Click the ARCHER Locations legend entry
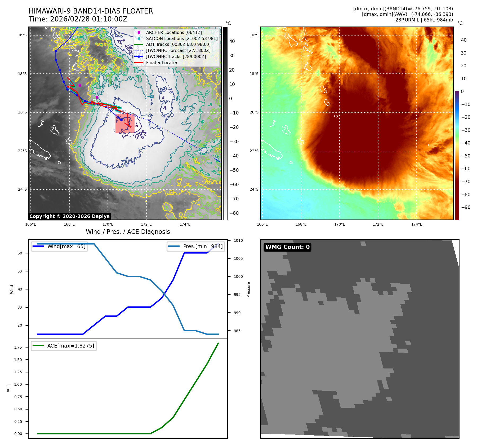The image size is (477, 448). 174,32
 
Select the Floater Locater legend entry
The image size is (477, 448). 162,63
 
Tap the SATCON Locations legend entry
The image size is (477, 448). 182,38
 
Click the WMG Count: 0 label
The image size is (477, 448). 287,247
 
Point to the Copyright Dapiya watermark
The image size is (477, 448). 69,216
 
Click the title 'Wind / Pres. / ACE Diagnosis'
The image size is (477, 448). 128,232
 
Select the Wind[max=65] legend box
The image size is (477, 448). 60,246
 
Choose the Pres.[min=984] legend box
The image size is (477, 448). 196,246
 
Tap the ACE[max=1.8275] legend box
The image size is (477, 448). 64,346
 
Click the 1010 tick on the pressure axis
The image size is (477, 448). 238,240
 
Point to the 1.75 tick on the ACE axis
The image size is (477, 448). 18,347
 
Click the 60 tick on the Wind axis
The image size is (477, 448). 20,253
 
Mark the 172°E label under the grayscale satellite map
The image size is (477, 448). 146,224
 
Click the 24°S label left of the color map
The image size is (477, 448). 254,189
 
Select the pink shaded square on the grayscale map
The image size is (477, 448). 125,123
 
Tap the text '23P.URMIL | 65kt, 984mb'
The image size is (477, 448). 424,20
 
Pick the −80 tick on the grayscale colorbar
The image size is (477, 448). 234,213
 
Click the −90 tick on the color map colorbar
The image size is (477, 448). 466,207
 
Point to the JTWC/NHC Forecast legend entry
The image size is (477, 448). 178,51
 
